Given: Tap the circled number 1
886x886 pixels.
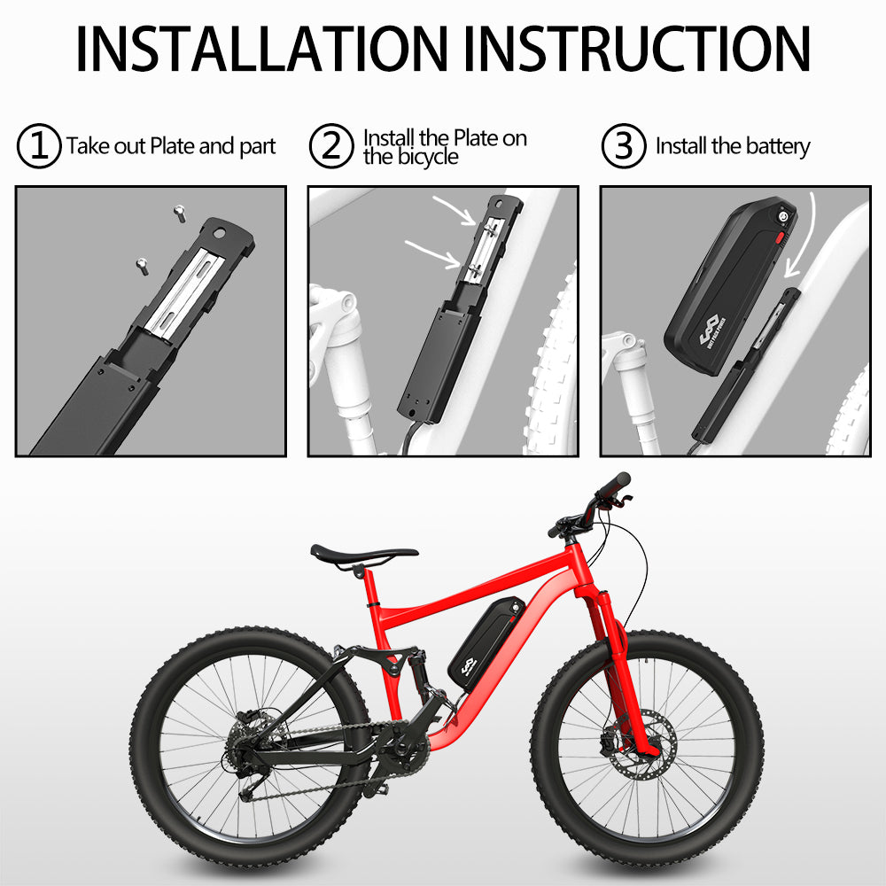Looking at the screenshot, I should pyautogui.click(x=39, y=146).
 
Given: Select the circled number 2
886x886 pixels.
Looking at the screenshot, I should pyautogui.click(x=330, y=146).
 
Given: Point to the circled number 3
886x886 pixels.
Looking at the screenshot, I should pyautogui.click(x=623, y=146).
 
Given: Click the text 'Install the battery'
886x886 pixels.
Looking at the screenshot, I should pyautogui.click(x=733, y=146).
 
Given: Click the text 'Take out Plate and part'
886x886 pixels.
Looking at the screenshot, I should pyautogui.click(x=171, y=146).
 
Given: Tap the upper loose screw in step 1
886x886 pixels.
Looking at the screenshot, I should pyautogui.click(x=178, y=211).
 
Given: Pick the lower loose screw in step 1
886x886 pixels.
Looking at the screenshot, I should pyautogui.click(x=140, y=263).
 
